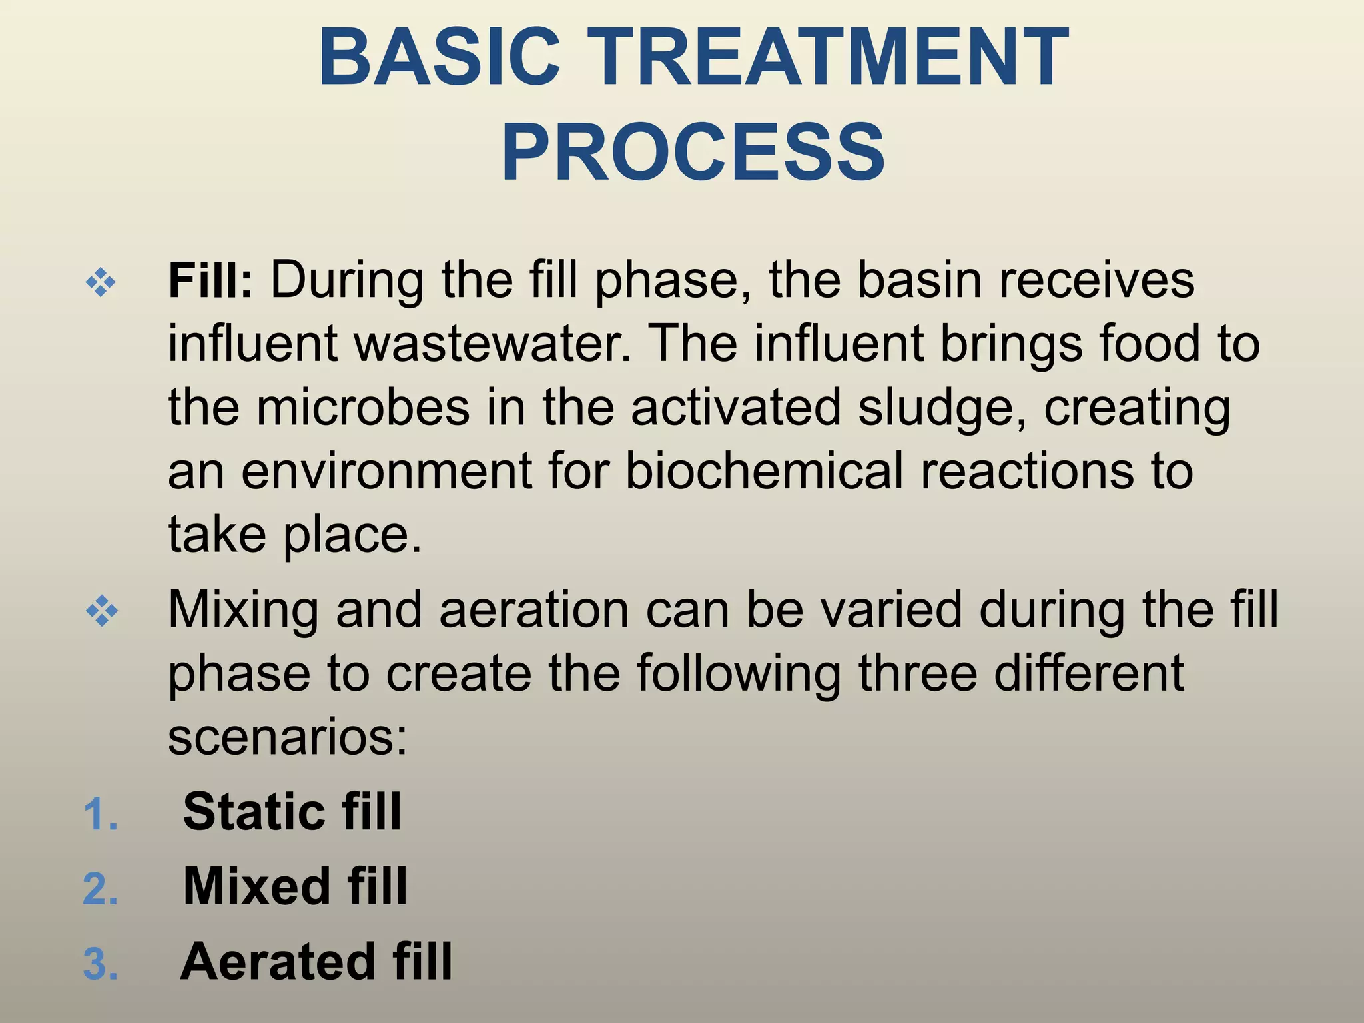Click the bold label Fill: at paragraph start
tap(210, 280)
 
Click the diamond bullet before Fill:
tap(101, 283)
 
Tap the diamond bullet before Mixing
tap(102, 611)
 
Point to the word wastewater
tap(492, 344)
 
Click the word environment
tap(387, 471)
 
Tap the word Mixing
tap(243, 611)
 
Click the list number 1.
tap(101, 815)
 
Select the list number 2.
tap(101, 889)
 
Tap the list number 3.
tap(101, 964)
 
